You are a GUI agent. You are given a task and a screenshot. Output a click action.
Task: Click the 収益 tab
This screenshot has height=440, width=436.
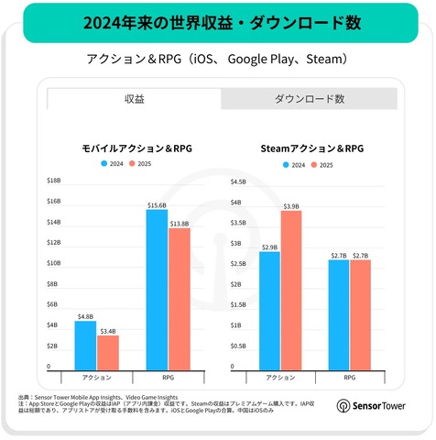click(x=134, y=98)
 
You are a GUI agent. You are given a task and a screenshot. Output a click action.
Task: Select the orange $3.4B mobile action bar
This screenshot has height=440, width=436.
click(x=108, y=351)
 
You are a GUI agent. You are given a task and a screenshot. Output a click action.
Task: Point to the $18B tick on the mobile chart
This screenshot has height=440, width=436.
click(x=53, y=181)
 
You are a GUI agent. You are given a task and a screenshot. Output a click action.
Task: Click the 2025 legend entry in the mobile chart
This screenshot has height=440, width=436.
click(x=138, y=164)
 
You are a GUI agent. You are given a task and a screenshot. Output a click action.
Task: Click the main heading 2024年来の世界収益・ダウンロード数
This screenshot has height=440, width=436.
click(x=216, y=22)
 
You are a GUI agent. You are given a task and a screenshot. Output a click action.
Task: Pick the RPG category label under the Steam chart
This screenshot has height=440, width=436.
click(x=350, y=378)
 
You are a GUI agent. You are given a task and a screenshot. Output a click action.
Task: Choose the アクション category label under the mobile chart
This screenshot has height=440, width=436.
click(x=96, y=378)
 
